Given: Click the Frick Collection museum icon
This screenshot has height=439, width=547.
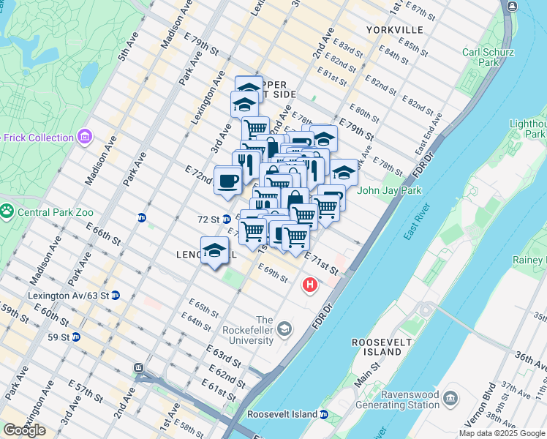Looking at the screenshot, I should (86, 137).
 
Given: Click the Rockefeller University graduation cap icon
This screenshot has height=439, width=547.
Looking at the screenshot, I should (284, 331).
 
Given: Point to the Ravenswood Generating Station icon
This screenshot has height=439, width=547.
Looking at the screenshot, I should (451, 399).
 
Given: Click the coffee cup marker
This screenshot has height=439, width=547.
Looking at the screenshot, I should (227, 180).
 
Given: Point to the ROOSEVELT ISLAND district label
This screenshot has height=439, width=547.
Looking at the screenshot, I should (377, 347).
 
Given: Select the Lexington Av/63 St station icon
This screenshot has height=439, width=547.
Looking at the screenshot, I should (116, 296).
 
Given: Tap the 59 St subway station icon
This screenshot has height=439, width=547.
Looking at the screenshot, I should (75, 337).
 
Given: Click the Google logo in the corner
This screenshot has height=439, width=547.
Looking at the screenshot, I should (24, 430).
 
